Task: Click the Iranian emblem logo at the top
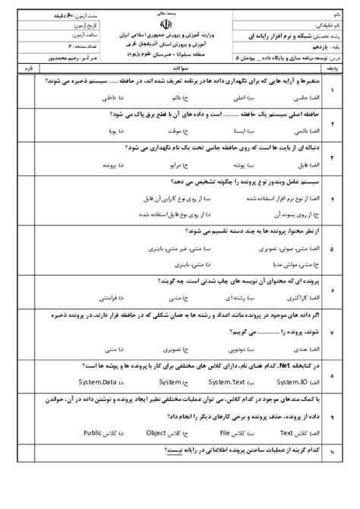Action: (x=180, y=26)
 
